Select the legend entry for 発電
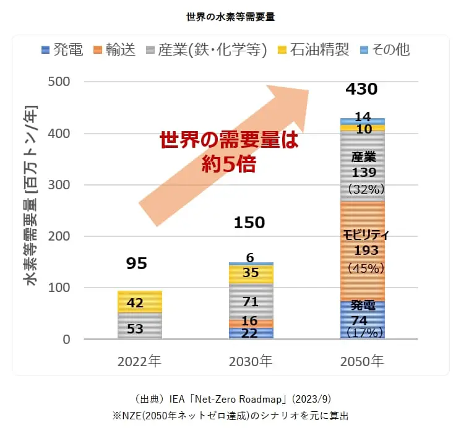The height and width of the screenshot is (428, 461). click(62, 50)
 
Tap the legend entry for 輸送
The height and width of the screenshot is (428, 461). click(115, 50)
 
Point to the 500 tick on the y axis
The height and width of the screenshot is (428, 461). click(58, 82)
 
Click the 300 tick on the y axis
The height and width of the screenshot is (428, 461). click(58, 185)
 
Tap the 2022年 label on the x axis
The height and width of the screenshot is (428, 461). click(139, 361)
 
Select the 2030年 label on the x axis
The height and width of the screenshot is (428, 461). click(250, 361)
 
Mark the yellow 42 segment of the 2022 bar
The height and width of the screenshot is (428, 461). click(140, 303)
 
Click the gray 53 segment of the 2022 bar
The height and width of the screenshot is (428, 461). click(140, 328)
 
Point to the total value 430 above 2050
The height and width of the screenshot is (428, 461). click(362, 90)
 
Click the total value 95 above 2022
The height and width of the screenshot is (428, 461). click(137, 264)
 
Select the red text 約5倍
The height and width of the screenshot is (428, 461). click(229, 164)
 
